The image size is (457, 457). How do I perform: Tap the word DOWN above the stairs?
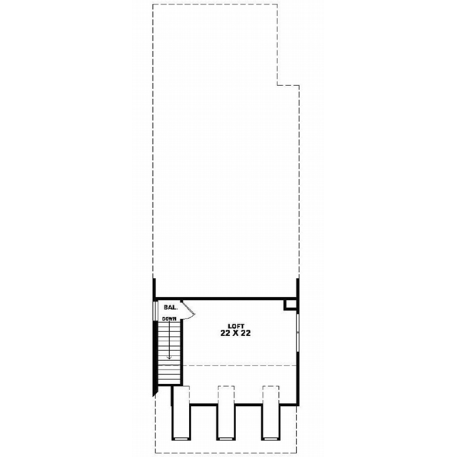coord(169,318)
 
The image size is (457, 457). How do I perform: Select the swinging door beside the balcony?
coord(188,308)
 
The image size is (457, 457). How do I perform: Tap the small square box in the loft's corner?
coord(289,304)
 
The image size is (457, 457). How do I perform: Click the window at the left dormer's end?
coord(181,439)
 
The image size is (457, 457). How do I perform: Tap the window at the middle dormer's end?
coord(226,439)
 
